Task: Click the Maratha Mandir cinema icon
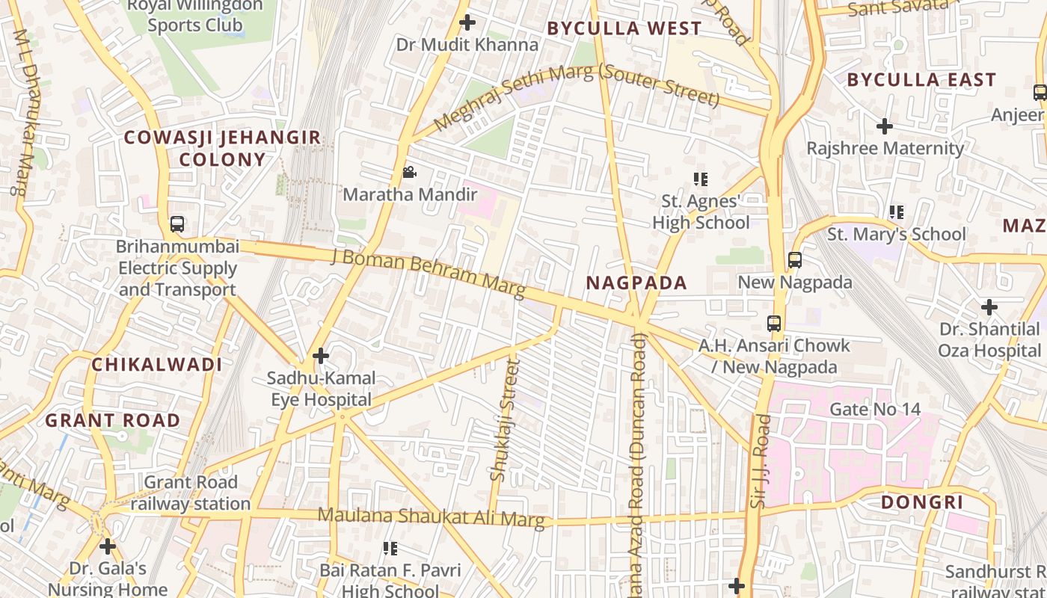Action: pyautogui.click(x=409, y=173)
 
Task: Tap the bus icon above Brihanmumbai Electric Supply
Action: pyautogui.click(x=177, y=224)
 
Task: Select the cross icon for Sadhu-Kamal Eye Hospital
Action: pyautogui.click(x=321, y=356)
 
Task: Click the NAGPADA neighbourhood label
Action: pyautogui.click(x=636, y=283)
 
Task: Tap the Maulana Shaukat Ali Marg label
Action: pyautogui.click(x=432, y=517)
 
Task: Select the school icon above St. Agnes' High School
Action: pyautogui.click(x=701, y=179)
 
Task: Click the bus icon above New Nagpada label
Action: pyautogui.click(x=795, y=260)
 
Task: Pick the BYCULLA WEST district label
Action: pyautogui.click(x=624, y=28)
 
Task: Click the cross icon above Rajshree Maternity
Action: pyautogui.click(x=885, y=126)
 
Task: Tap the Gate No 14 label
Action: pyautogui.click(x=875, y=409)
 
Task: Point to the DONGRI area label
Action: pyautogui.click(x=922, y=502)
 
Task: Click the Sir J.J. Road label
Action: pyautogui.click(x=761, y=461)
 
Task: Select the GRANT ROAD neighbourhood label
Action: pyautogui.click(x=113, y=420)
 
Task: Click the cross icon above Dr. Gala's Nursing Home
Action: pyautogui.click(x=108, y=546)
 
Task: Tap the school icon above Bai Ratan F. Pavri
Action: pyautogui.click(x=390, y=549)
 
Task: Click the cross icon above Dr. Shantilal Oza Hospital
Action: pyautogui.click(x=989, y=306)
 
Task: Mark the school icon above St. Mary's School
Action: pyautogui.click(x=897, y=212)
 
